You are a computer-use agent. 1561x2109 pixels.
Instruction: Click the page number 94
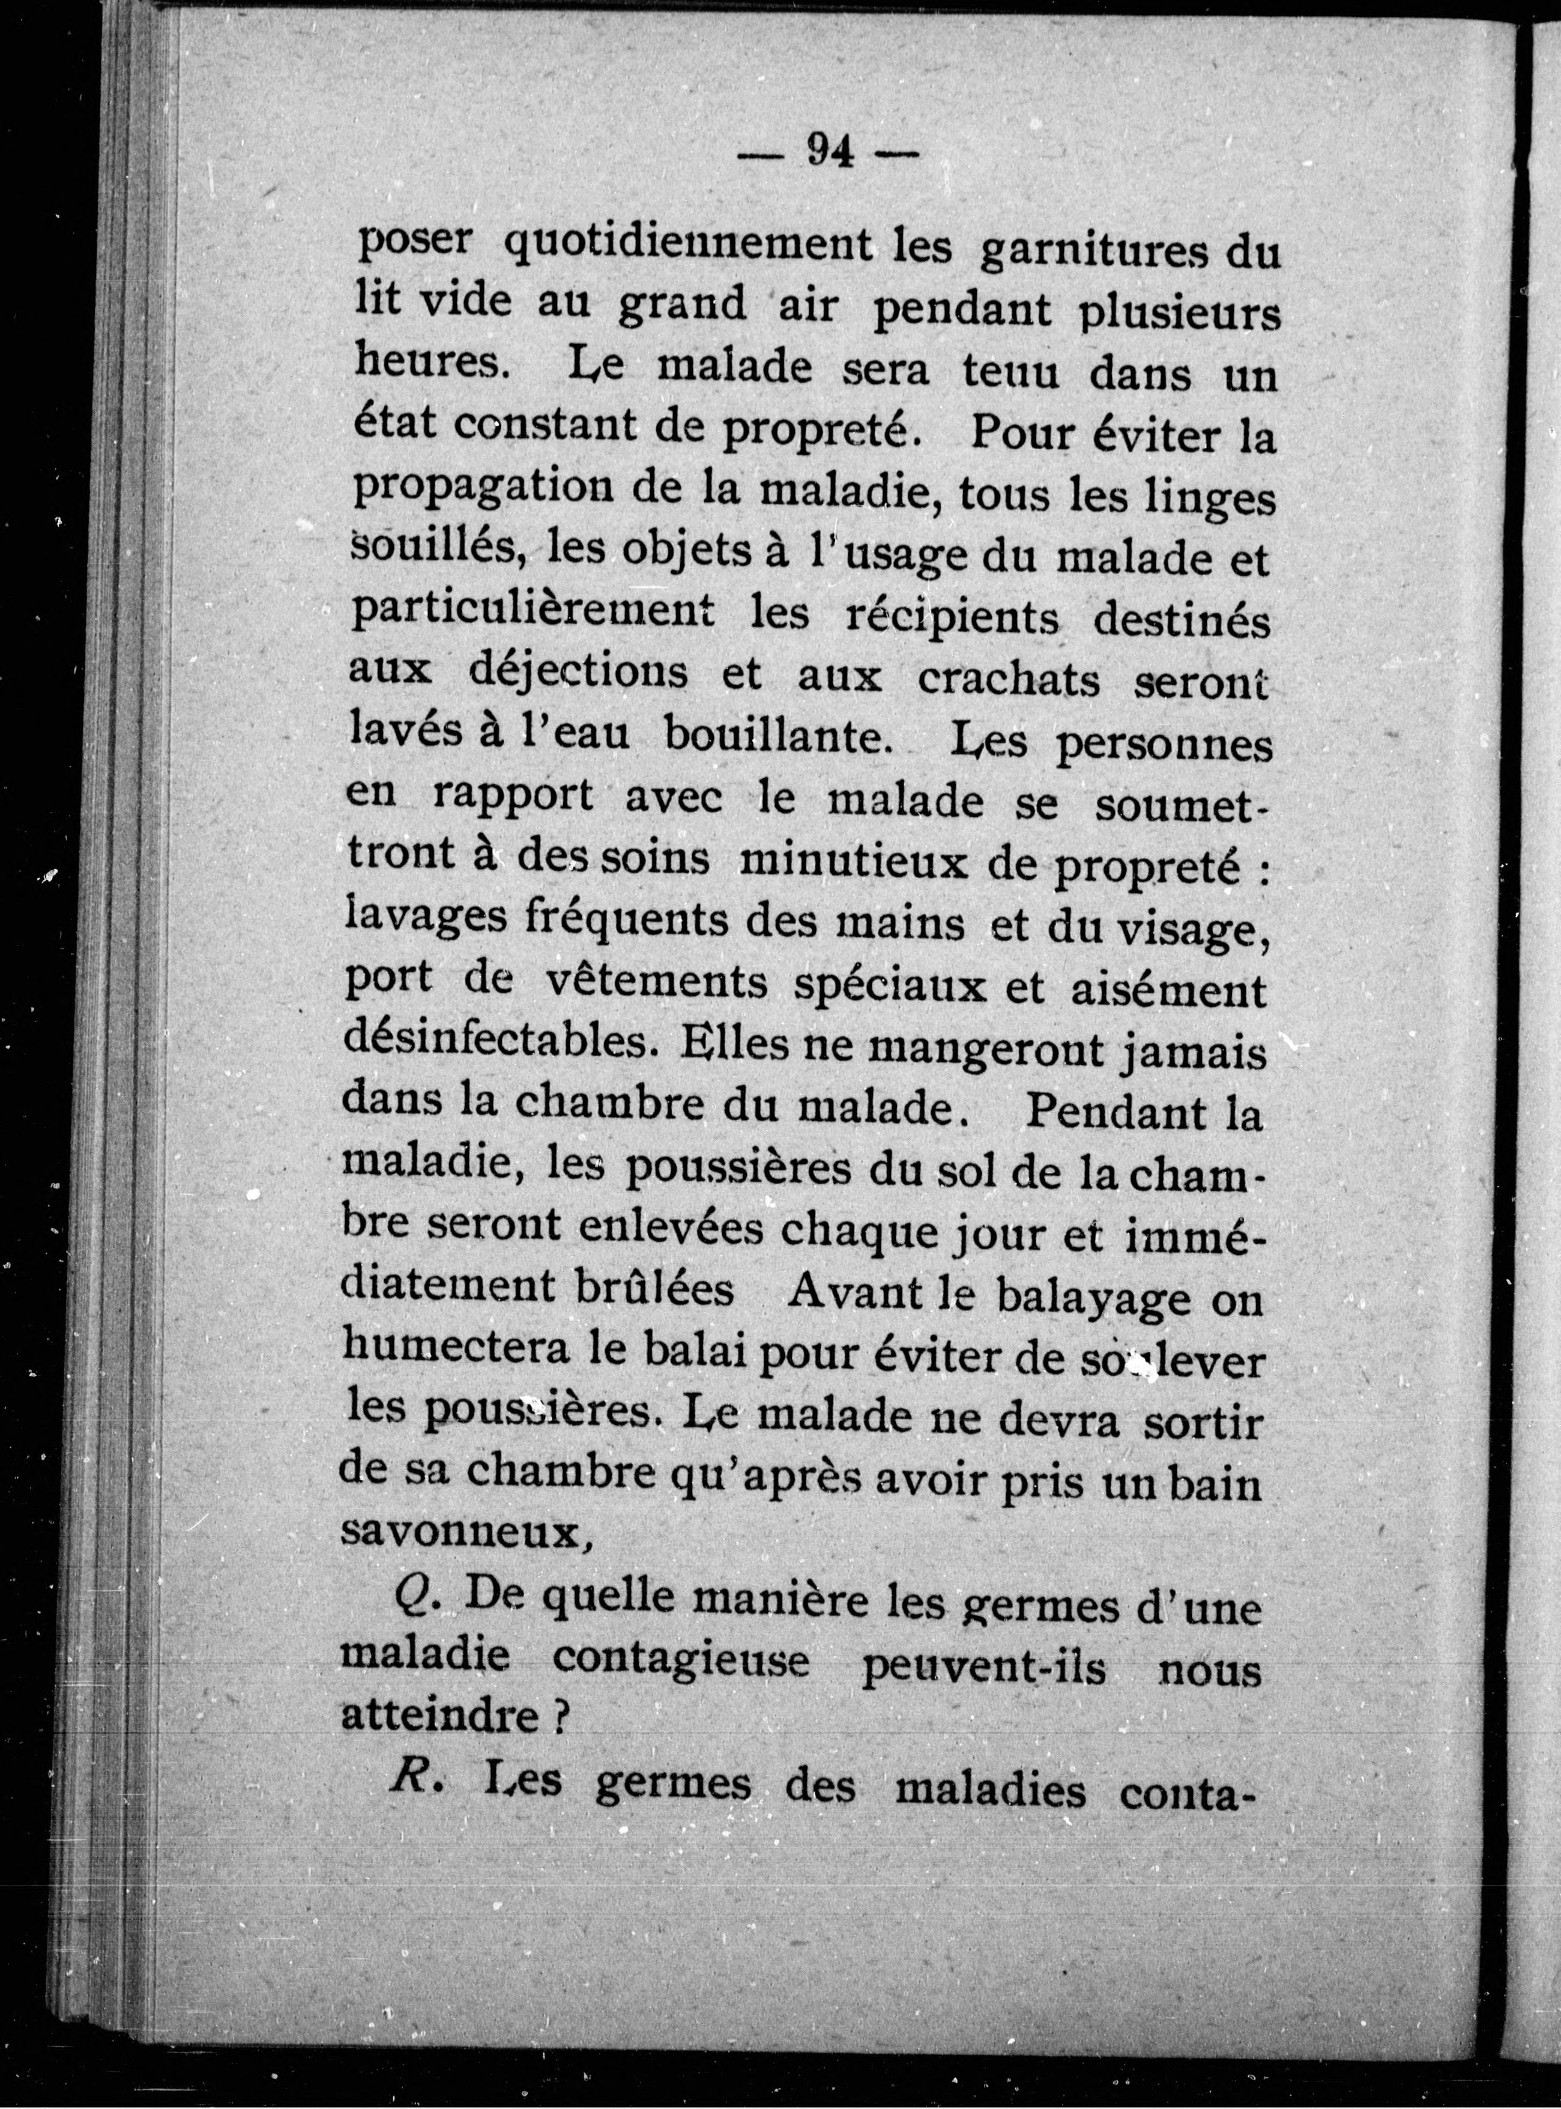coord(830,150)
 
